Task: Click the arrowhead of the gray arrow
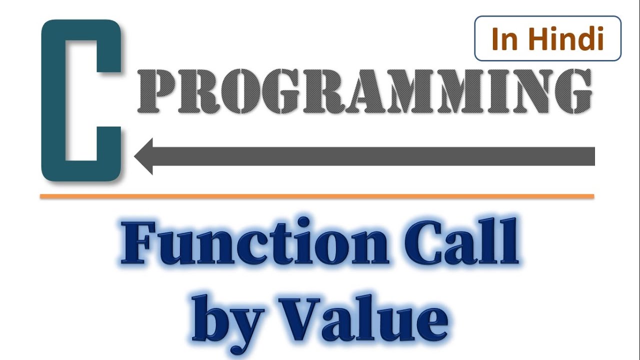[145, 156]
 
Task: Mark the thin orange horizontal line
[317, 196]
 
